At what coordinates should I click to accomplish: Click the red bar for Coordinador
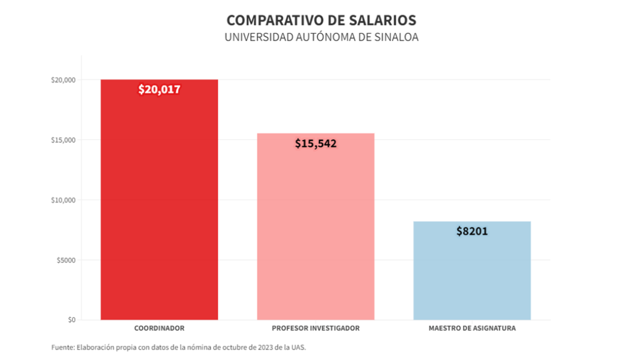[159, 206]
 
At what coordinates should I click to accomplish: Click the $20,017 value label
[159, 89]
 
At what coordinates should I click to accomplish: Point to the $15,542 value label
[316, 143]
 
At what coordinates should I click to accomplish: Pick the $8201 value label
[472, 231]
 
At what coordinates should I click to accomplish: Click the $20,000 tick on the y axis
[63, 80]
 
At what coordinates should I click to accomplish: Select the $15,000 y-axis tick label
[63, 140]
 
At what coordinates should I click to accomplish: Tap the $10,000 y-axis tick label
[63, 200]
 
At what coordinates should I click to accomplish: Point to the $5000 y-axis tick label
[65, 260]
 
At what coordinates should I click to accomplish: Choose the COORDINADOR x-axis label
[159, 329]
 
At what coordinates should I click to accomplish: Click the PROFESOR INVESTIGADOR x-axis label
[316, 329]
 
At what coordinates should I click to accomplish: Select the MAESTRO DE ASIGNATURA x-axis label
[472, 329]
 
